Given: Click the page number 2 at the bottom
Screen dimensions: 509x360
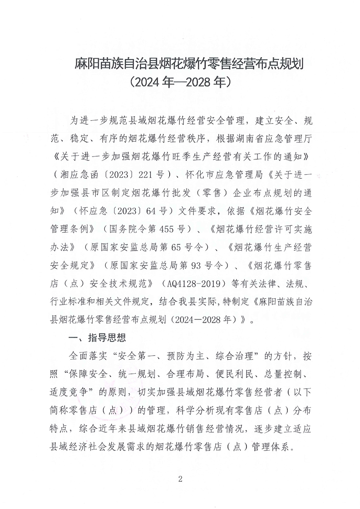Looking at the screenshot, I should coord(180,480).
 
